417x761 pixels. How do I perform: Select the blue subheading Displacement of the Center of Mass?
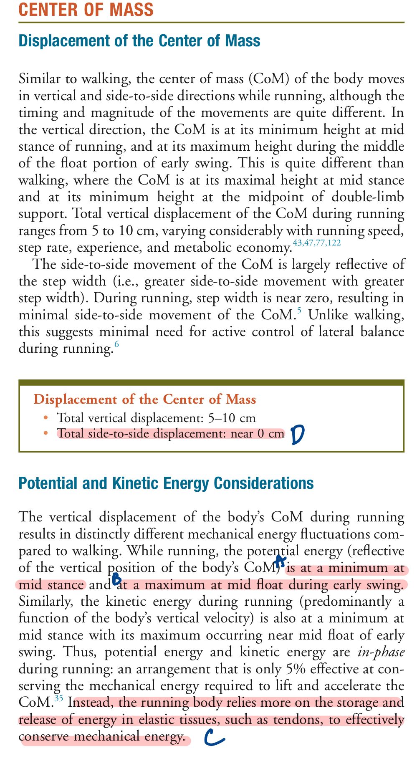[x=139, y=41]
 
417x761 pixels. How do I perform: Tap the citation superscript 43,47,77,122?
[x=317, y=243]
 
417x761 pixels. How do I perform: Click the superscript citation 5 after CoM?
[x=299, y=310]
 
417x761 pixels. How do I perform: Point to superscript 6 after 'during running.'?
[x=116, y=344]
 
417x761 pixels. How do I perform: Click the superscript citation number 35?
[x=59, y=698]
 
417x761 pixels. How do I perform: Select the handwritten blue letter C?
[x=214, y=739]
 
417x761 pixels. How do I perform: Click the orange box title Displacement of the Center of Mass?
[x=144, y=399]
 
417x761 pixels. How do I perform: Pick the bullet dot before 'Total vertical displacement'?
[x=46, y=417]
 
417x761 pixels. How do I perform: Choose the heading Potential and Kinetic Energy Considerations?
[x=166, y=483]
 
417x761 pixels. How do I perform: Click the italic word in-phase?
[x=381, y=652]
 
